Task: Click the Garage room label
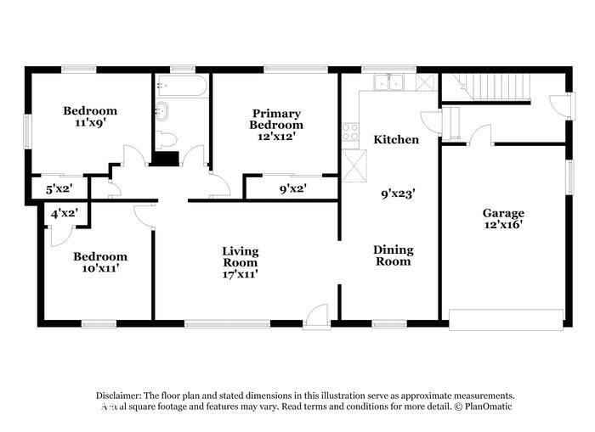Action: pyautogui.click(x=503, y=213)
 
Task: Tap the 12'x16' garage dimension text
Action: pyautogui.click(x=503, y=225)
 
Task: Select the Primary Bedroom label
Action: pyautogui.click(x=275, y=119)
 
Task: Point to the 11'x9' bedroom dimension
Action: pyautogui.click(x=90, y=122)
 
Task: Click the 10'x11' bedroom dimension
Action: pyautogui.click(x=99, y=268)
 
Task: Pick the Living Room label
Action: pyautogui.click(x=240, y=256)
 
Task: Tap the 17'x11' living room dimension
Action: pyautogui.click(x=240, y=273)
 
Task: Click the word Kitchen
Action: pyautogui.click(x=397, y=138)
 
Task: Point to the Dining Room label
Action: pyautogui.click(x=393, y=255)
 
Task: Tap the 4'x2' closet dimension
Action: pyautogui.click(x=64, y=214)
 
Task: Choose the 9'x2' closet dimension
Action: pyautogui.click(x=292, y=188)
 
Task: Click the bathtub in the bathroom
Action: pyautogui.click(x=179, y=87)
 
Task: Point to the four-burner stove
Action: pyautogui.click(x=349, y=132)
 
